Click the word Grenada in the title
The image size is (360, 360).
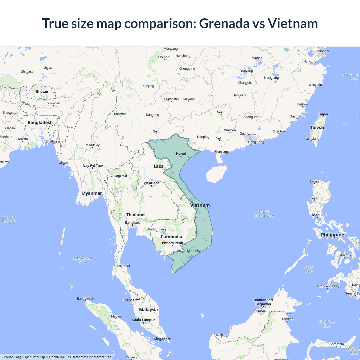224,23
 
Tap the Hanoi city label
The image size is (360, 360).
181,154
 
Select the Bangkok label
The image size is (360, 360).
132,223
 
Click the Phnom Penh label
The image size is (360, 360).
172,243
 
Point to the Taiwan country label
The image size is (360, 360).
318,128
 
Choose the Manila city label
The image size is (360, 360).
318,215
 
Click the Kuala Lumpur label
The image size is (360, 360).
143,320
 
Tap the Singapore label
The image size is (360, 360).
162,339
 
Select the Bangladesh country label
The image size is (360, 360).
40,123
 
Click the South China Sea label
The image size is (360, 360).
264,214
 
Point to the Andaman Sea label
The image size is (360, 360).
83,260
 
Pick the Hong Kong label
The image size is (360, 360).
256,142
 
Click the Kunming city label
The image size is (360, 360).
152,115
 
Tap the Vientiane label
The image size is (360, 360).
152,183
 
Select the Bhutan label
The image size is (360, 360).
42,92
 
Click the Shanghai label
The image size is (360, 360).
322,51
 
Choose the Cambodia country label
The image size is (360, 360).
171,237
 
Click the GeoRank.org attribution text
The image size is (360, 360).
11,357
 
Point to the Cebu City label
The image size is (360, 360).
344,255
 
